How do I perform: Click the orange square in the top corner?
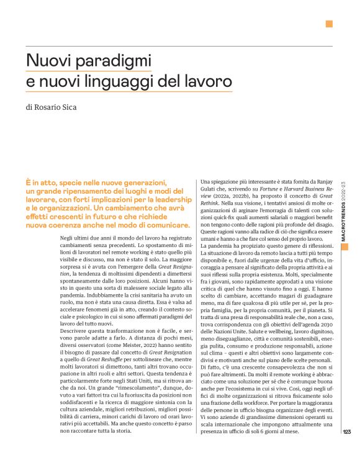(329, 24)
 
